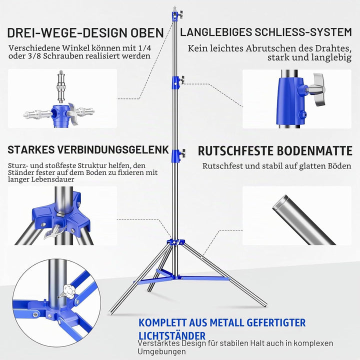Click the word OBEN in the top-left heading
[x=147, y=32]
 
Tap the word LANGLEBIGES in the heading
[x=216, y=32]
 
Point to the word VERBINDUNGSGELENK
[x=113, y=149]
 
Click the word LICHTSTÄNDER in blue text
[x=172, y=336]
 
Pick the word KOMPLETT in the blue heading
[x=162, y=322]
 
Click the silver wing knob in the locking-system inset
[x=318, y=89]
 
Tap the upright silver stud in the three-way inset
[x=61, y=87]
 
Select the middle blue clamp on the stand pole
[x=175, y=82]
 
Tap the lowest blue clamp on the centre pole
[x=176, y=155]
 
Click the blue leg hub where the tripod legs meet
[x=176, y=242]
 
